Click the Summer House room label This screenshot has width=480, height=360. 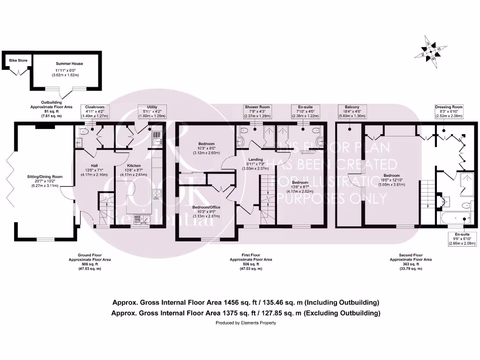[69, 63]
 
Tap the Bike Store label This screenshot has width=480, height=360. [19, 60]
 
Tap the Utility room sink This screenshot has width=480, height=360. [157, 137]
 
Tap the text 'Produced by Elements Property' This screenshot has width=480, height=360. [246, 323]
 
